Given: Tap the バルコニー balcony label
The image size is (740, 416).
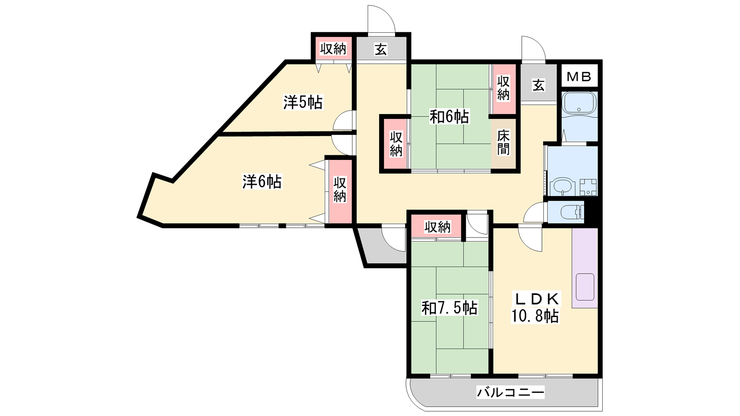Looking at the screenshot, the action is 511,392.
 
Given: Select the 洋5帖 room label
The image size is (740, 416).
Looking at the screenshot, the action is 303,102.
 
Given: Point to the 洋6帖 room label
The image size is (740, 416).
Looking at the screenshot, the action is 262,182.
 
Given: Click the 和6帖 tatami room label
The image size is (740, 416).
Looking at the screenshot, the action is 449,116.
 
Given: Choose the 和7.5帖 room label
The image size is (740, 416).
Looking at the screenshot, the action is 449,308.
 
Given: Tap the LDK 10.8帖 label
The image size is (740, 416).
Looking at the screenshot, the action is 535,307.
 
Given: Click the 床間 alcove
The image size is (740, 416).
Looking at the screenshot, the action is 503,144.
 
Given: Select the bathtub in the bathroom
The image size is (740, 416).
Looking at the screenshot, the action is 580,103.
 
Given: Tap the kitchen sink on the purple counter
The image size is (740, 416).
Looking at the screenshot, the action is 585,287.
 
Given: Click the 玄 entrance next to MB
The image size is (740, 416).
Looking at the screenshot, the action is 538,85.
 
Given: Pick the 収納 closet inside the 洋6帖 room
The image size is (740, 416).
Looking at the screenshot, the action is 339,192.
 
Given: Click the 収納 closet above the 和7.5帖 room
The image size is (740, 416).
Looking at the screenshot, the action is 438,227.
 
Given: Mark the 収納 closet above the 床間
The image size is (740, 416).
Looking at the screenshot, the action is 504,88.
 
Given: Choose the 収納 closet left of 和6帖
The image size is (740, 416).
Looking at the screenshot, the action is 396,144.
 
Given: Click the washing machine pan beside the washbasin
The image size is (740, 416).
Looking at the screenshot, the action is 588,187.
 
